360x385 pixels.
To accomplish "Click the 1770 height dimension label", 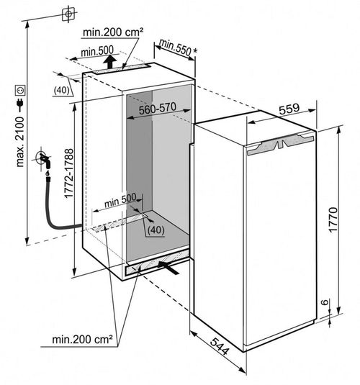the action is pos(333,219).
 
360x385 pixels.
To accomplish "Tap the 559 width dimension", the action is pos(289,109).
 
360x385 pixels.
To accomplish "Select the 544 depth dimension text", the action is pos(220,346).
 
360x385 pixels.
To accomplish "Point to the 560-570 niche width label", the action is pos(158,109).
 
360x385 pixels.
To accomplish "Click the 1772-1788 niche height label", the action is pos(69,173).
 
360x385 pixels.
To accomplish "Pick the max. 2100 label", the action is pos(20,142).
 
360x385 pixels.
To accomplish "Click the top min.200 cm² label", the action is pos(113,32).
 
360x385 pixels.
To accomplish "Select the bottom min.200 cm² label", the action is pos(82,340).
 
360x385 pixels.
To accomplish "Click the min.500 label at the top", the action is pos(97,51).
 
